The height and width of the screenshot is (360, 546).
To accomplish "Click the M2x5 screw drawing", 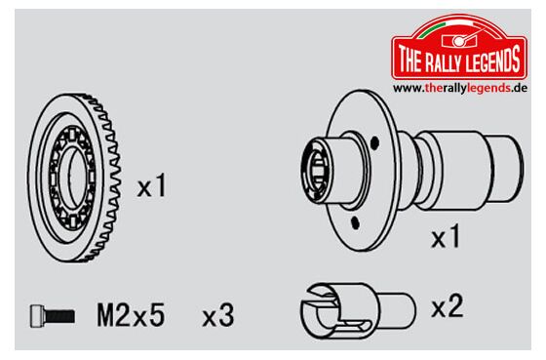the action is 53,316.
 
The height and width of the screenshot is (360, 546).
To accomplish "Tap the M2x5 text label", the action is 131,315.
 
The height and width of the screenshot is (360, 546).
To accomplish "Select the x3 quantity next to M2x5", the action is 218,316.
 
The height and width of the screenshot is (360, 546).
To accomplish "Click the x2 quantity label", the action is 448,305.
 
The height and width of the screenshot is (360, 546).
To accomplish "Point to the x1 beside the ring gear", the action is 152,186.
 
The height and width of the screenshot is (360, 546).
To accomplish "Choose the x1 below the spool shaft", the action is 446,236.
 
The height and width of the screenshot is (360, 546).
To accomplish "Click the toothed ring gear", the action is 74,178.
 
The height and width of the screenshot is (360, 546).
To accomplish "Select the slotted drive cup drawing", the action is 358,310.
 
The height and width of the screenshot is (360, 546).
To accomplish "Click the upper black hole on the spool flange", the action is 374,142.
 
